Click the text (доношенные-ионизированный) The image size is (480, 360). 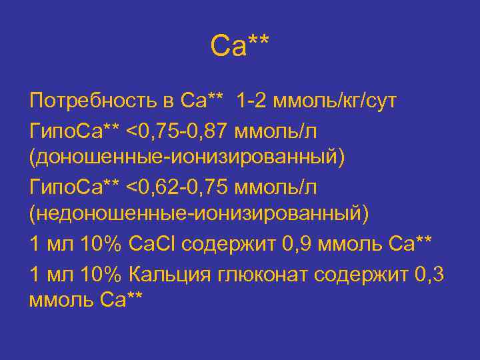(187, 160)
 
